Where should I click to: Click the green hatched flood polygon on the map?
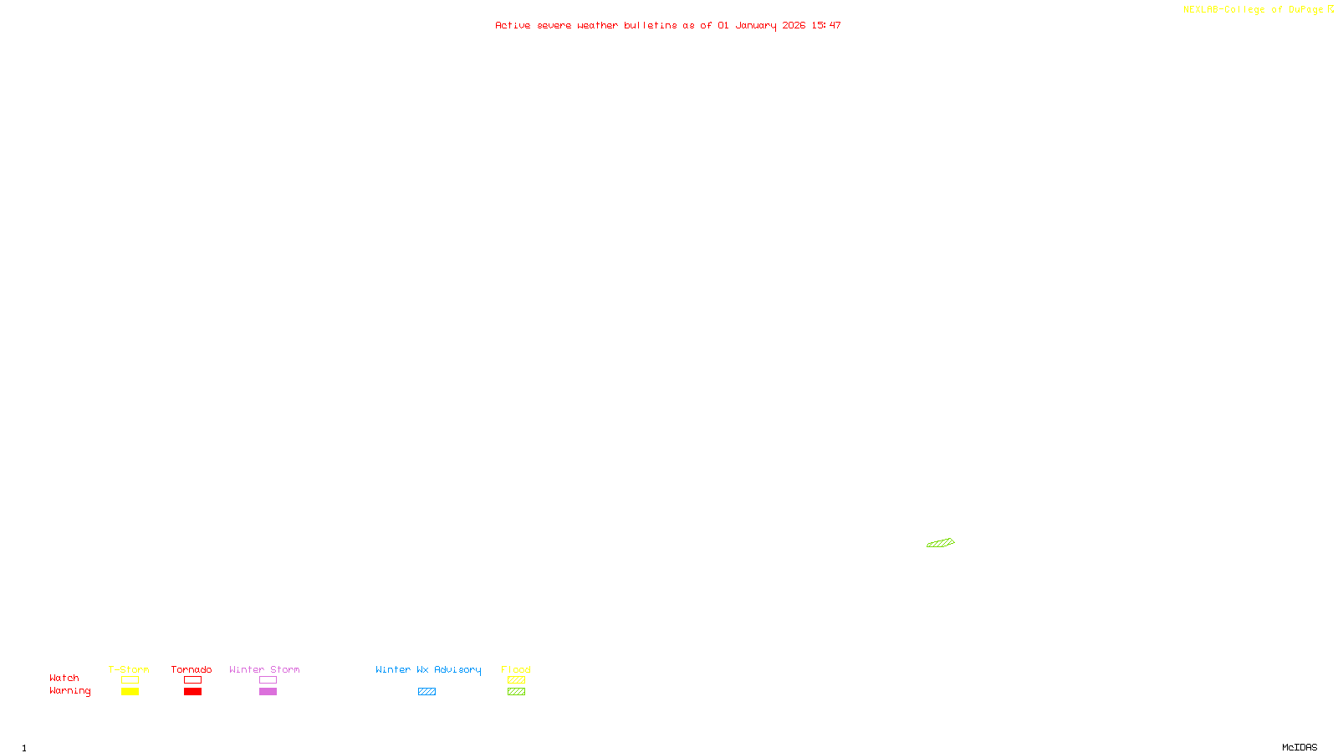(941, 543)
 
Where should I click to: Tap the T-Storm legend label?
(129, 669)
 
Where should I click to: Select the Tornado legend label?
(192, 669)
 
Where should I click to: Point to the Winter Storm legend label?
(264, 669)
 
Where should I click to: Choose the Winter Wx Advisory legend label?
(428, 669)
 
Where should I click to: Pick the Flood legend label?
(516, 669)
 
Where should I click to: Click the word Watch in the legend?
(64, 678)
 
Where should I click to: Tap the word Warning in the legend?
(69, 691)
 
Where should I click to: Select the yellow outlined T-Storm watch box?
(130, 680)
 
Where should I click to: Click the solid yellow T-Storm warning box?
(130, 692)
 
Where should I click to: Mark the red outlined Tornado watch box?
(192, 680)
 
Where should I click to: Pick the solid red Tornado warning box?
(192, 692)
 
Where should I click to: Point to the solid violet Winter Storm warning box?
(268, 692)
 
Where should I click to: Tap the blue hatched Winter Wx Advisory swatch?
(426, 692)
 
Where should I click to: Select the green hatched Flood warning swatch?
(516, 692)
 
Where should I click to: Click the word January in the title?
(756, 25)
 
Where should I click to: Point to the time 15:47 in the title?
(826, 25)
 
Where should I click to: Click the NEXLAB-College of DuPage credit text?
(1254, 9)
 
